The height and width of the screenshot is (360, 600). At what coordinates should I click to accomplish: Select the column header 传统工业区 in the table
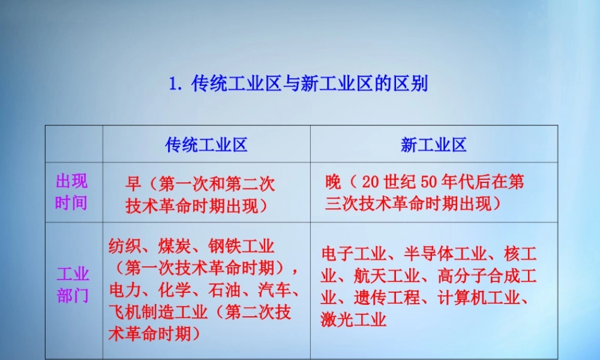click(x=206, y=145)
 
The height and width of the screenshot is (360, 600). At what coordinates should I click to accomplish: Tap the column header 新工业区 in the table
click(x=434, y=145)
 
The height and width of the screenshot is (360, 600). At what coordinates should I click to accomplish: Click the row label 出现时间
click(x=71, y=192)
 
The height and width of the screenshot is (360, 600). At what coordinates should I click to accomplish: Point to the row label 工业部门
click(x=73, y=285)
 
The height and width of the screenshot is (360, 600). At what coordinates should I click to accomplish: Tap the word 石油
click(x=223, y=290)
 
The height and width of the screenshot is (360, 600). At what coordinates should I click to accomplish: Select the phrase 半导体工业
click(x=442, y=254)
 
